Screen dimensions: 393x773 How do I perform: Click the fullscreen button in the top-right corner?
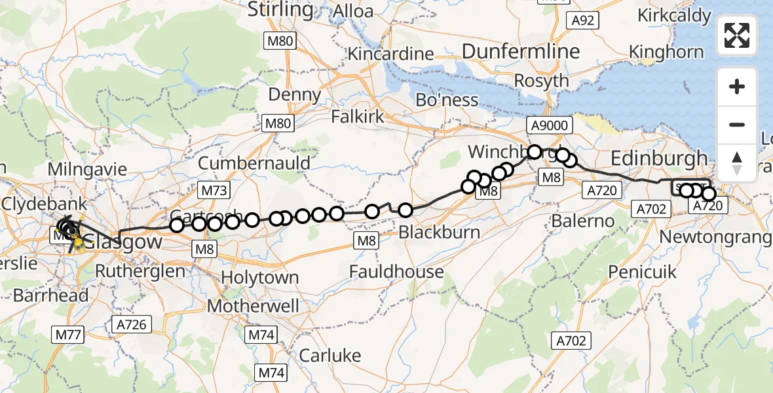tap(737, 35)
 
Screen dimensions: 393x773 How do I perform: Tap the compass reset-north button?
tap(737, 162)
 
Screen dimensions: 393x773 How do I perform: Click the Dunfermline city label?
tap(521, 51)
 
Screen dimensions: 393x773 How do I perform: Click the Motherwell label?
tap(253, 306)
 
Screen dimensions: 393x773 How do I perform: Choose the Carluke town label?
tap(330, 355)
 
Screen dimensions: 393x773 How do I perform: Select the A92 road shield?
tap(582, 20)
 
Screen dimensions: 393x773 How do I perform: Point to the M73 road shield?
tap(214, 191)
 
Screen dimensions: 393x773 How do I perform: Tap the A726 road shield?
tap(132, 324)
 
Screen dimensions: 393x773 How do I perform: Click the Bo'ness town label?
tap(447, 100)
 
